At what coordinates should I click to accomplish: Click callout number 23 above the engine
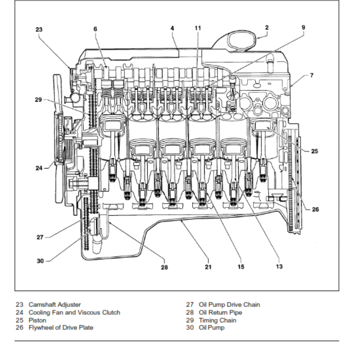[39, 30]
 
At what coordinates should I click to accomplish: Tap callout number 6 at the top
[95, 29]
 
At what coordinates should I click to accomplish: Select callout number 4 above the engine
[172, 28]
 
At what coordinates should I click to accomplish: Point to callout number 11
[198, 28]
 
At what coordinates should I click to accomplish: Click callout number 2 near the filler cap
[267, 27]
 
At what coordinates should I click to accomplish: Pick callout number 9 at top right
[303, 27]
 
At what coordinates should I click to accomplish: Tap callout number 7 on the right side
[311, 75]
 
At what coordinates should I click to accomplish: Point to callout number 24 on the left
[39, 168]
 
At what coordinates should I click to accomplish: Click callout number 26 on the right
[315, 209]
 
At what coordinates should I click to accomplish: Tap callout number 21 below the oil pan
[208, 267]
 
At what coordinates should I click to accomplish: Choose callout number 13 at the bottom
[279, 267]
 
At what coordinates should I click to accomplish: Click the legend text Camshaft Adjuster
[54, 305]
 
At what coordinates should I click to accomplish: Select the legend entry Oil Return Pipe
[220, 312]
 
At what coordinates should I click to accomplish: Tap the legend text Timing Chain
[217, 320]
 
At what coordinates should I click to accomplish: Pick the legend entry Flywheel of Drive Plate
[61, 328]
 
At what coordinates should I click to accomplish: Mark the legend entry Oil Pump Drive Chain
[229, 305]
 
